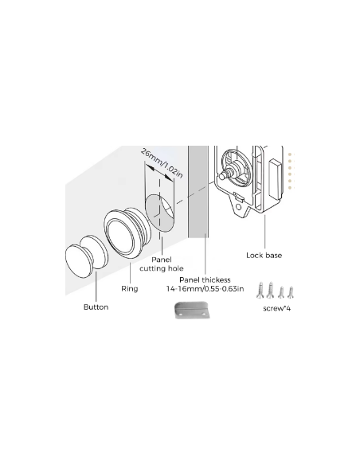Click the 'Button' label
point(96,307)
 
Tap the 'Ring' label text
point(130,288)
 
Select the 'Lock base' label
point(264,256)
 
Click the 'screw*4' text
point(276,308)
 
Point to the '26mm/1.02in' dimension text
point(162,163)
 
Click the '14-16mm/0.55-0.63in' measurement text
point(205,288)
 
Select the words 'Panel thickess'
point(205,279)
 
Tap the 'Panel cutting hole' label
point(162,264)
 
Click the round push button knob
point(86,256)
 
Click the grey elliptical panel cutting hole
point(159,213)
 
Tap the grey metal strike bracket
point(192,311)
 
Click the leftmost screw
point(260,290)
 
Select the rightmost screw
point(291,292)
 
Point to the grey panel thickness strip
point(198,192)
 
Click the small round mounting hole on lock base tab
point(238,207)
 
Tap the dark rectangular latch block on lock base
point(275,179)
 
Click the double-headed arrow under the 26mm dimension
point(159,172)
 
